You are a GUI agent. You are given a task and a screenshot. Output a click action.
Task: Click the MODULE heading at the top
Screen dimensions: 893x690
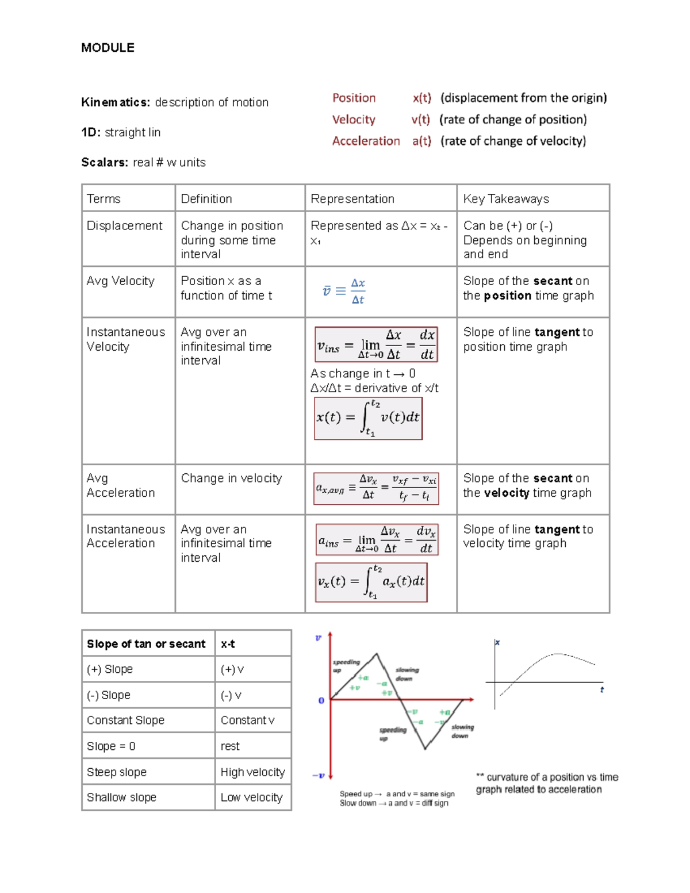[x=108, y=48]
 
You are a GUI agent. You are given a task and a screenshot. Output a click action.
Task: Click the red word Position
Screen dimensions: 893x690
[x=354, y=98]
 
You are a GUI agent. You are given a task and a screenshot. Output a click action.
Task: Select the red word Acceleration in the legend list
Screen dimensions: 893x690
[x=366, y=141]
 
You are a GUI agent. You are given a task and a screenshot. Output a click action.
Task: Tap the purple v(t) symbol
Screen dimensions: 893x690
[x=420, y=120]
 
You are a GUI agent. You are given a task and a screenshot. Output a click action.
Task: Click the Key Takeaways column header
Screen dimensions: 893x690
[x=506, y=199]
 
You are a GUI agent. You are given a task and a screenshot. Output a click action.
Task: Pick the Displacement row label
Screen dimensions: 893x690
[x=124, y=226]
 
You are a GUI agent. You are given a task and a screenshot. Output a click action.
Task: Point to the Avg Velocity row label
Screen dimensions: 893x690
[x=120, y=281]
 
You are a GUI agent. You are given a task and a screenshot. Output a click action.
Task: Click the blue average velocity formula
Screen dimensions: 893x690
[x=344, y=291]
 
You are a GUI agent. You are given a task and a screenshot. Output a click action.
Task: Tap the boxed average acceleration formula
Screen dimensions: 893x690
[x=376, y=489]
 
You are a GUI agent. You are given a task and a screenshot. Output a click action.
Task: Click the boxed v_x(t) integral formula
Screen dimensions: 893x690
[x=371, y=582]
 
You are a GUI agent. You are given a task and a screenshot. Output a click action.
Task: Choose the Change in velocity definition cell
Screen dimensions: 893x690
[x=231, y=478]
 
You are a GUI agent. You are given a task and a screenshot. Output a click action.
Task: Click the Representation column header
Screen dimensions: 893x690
[x=352, y=199]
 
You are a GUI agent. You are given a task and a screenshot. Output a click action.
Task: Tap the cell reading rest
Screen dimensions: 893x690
[x=230, y=746]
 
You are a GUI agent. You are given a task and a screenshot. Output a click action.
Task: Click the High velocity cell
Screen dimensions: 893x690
[x=252, y=772]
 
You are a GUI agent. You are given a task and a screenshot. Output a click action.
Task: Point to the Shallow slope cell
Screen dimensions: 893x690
[x=121, y=798]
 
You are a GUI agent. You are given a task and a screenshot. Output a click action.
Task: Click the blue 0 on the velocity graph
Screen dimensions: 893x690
[x=321, y=700]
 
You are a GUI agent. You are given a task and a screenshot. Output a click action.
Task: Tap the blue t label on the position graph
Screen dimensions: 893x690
[x=602, y=689]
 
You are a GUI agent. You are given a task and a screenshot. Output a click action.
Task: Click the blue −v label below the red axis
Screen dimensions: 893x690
[x=319, y=776]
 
